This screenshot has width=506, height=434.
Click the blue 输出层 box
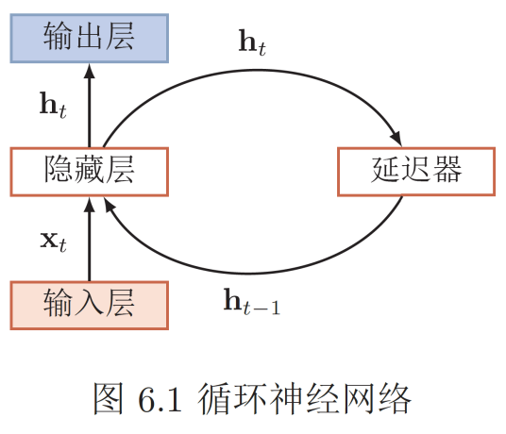(89, 38)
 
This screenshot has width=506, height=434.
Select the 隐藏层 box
(89, 171)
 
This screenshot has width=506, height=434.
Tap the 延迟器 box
(415, 171)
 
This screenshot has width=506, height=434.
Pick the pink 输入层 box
(89, 304)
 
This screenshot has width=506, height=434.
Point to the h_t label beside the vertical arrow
(53, 105)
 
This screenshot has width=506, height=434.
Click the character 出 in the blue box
(89, 38)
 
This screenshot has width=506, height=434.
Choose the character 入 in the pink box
(89, 304)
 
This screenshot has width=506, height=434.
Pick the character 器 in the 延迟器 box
(446, 171)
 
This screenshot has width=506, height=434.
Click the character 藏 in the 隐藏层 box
(89, 171)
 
